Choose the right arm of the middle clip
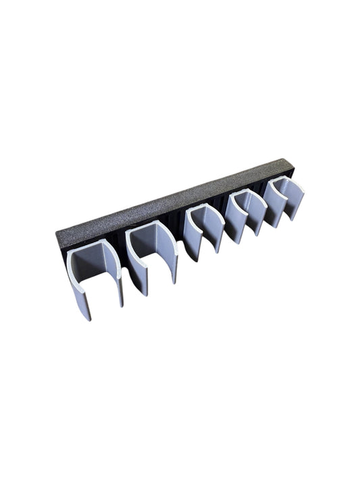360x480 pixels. click(217, 234)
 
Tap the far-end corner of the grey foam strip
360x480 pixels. click(290, 161)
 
